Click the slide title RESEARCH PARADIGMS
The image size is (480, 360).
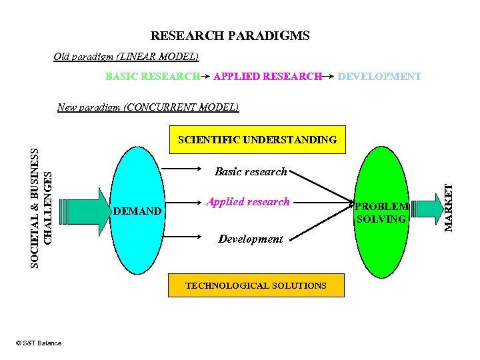tap(230, 36)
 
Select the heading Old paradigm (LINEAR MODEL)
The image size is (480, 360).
tap(126, 57)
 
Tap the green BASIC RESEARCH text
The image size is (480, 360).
tap(153, 77)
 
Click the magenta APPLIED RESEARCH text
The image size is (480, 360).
tap(267, 77)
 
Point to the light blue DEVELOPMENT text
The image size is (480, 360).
tap(379, 77)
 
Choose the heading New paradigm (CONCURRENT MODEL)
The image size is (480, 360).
tap(148, 107)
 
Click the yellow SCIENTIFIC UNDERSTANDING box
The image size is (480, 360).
tap(257, 140)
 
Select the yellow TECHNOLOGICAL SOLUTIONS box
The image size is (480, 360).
tap(256, 285)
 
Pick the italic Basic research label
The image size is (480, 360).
tap(251, 172)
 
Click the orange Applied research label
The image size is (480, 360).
tap(248, 201)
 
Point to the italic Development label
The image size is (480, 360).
tap(251, 239)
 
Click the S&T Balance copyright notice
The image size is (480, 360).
tap(38, 343)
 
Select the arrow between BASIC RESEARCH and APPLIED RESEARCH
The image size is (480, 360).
tap(207, 77)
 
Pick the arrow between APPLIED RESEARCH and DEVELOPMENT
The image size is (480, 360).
tap(329, 77)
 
